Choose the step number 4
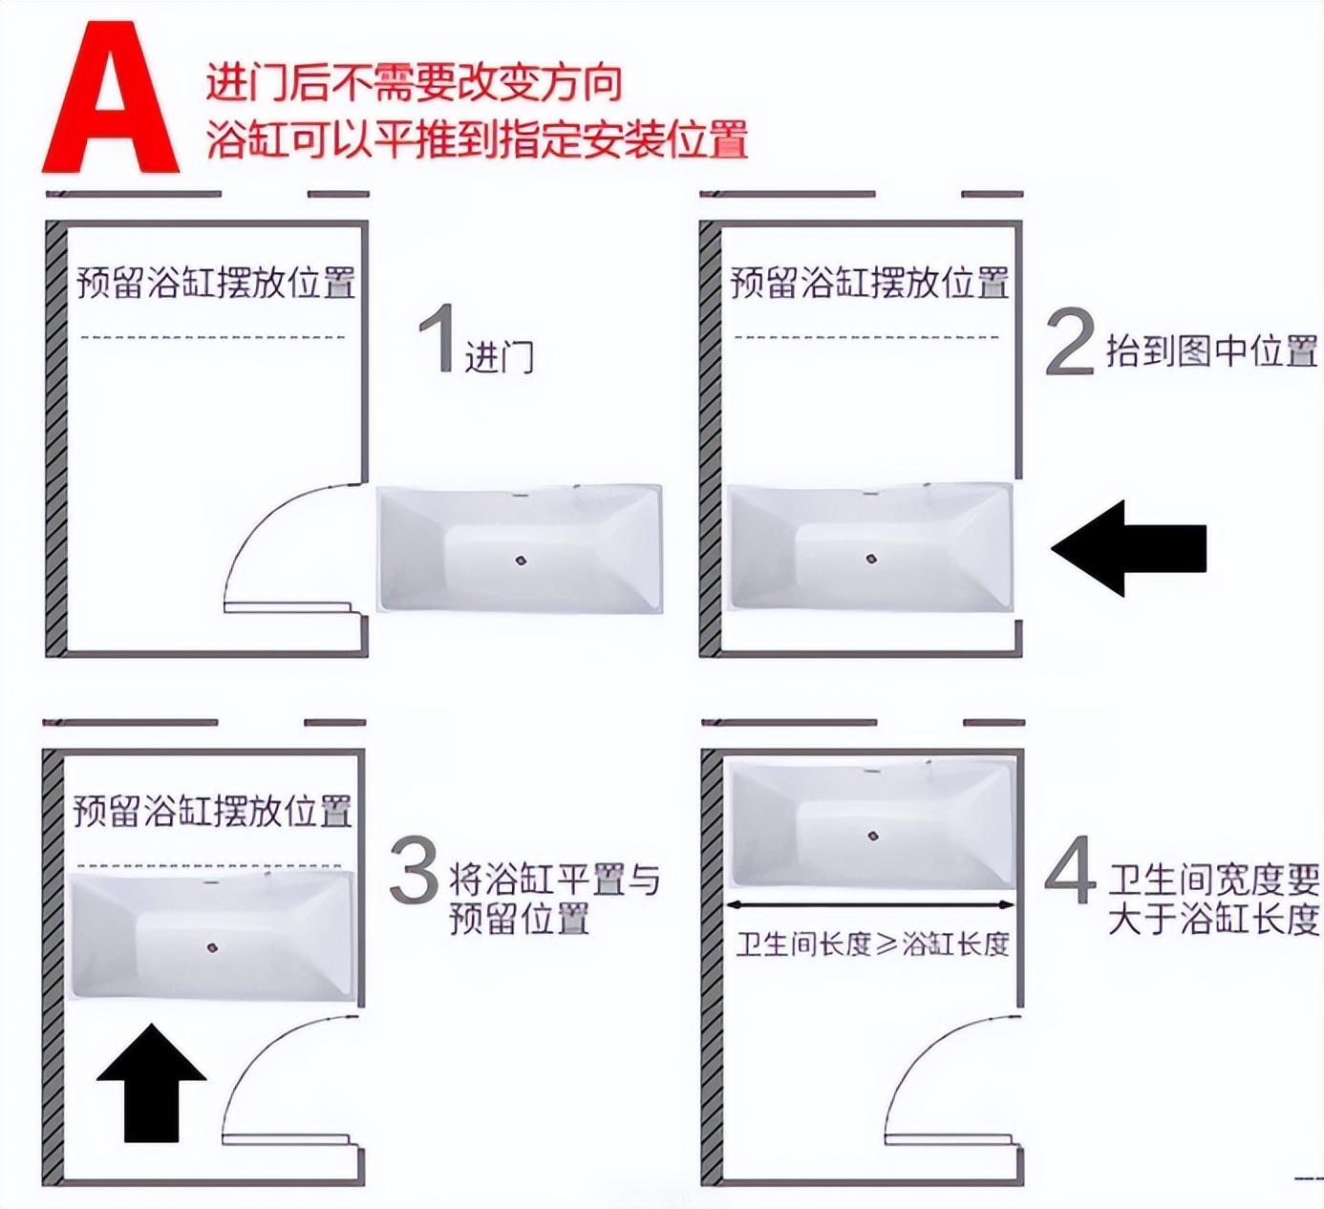click(x=1071, y=869)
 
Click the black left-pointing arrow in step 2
click(x=1128, y=548)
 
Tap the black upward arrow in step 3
click(x=151, y=1083)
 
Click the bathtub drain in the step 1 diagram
click(x=522, y=561)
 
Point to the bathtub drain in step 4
click(x=873, y=836)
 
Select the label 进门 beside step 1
click(x=500, y=357)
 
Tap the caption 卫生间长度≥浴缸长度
click(x=873, y=944)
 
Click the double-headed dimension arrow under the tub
click(x=871, y=905)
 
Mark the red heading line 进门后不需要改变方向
click(x=414, y=82)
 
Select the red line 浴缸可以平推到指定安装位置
click(x=477, y=138)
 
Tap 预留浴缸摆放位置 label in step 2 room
click(x=869, y=283)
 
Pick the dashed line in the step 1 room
click(x=212, y=337)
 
